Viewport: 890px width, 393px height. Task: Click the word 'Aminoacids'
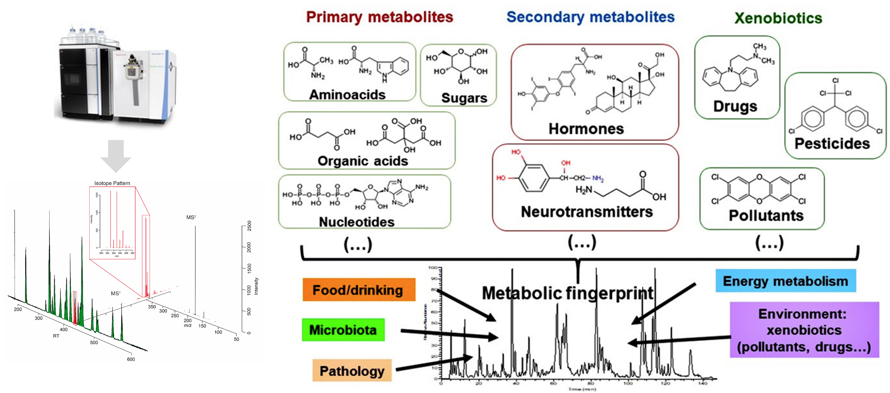pos(347,95)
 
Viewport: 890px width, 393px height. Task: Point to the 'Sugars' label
pos(464,98)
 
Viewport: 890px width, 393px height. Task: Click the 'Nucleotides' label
pos(357,222)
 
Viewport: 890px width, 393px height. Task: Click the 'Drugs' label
pos(735,106)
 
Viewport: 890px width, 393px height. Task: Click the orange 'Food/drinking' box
pos(359,290)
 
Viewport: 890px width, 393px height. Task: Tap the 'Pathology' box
pos(352,371)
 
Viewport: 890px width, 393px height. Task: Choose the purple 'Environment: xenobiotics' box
pos(804,330)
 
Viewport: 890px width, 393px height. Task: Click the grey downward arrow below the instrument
pos(116,155)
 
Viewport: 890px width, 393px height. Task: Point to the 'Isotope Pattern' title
pos(112,183)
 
